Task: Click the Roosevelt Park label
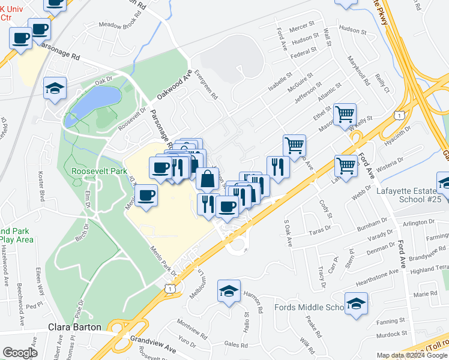(99, 171)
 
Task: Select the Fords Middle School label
(309, 308)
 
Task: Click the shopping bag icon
(207, 179)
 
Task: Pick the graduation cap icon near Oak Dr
(55, 89)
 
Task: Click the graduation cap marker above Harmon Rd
(229, 291)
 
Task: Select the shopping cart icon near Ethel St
(345, 113)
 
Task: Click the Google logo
(20, 353)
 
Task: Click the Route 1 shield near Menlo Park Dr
(172, 289)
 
